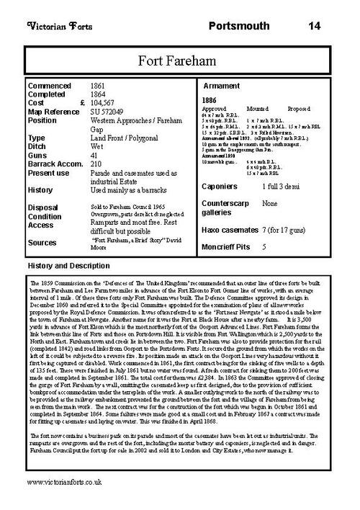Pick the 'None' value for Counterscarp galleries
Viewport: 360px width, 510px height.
[x=270, y=204]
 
